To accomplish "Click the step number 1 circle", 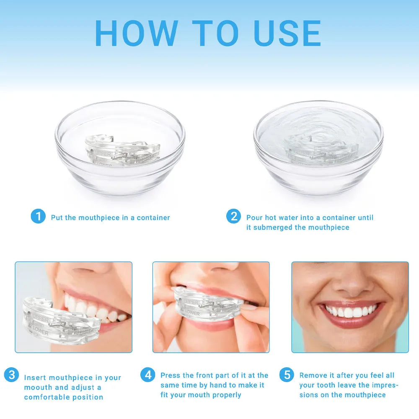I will pos(38,217).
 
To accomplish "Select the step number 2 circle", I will pos(233,217).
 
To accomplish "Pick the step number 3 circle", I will pos(11,375).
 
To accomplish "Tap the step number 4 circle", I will pos(147,375).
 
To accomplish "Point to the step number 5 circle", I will pos(287,375).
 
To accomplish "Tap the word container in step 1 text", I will pos(153,217).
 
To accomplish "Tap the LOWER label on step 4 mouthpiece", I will pos(192,313).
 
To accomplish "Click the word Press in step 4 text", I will pos(171,375).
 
